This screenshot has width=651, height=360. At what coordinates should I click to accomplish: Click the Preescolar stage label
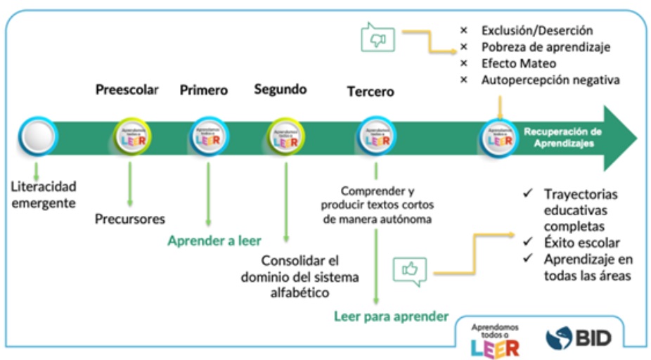coord(127,90)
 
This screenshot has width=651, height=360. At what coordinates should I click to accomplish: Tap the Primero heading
coord(204,90)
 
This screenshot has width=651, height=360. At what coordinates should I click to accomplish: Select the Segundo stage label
coord(281,89)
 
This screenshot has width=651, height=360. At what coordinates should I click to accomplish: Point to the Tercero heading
coord(370,91)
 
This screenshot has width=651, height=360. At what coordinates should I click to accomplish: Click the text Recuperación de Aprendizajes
coord(562,136)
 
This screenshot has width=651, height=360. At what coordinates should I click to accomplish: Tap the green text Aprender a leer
coord(214,241)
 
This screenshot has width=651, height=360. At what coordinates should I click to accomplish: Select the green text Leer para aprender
coord(390,316)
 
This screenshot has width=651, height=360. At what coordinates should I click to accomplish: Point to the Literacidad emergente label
coord(44,194)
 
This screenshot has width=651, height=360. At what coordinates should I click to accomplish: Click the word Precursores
coord(130,219)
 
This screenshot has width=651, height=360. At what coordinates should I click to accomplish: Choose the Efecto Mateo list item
coord(519,63)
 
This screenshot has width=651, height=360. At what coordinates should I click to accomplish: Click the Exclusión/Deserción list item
coord(537,30)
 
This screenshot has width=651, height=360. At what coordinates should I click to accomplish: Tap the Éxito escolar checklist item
coord(581,243)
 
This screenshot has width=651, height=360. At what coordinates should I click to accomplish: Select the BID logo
coord(578,338)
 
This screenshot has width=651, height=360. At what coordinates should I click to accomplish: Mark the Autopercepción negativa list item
coord(550,79)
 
